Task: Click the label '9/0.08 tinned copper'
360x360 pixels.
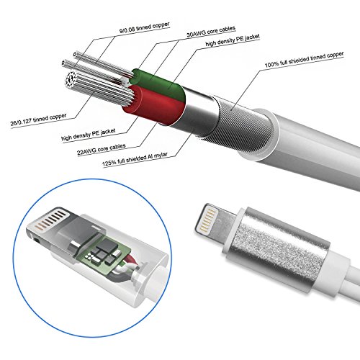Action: [144, 27]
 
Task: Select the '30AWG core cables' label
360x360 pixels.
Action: [211, 32]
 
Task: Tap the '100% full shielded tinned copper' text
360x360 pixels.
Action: [304, 59]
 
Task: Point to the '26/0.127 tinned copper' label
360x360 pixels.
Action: [38, 120]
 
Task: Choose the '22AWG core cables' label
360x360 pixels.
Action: [102, 149]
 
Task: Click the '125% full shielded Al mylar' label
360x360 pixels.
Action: [135, 159]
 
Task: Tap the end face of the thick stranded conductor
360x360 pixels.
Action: [71, 78]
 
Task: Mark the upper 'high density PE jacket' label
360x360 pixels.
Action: [233, 40]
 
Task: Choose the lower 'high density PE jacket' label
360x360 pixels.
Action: [89, 135]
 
